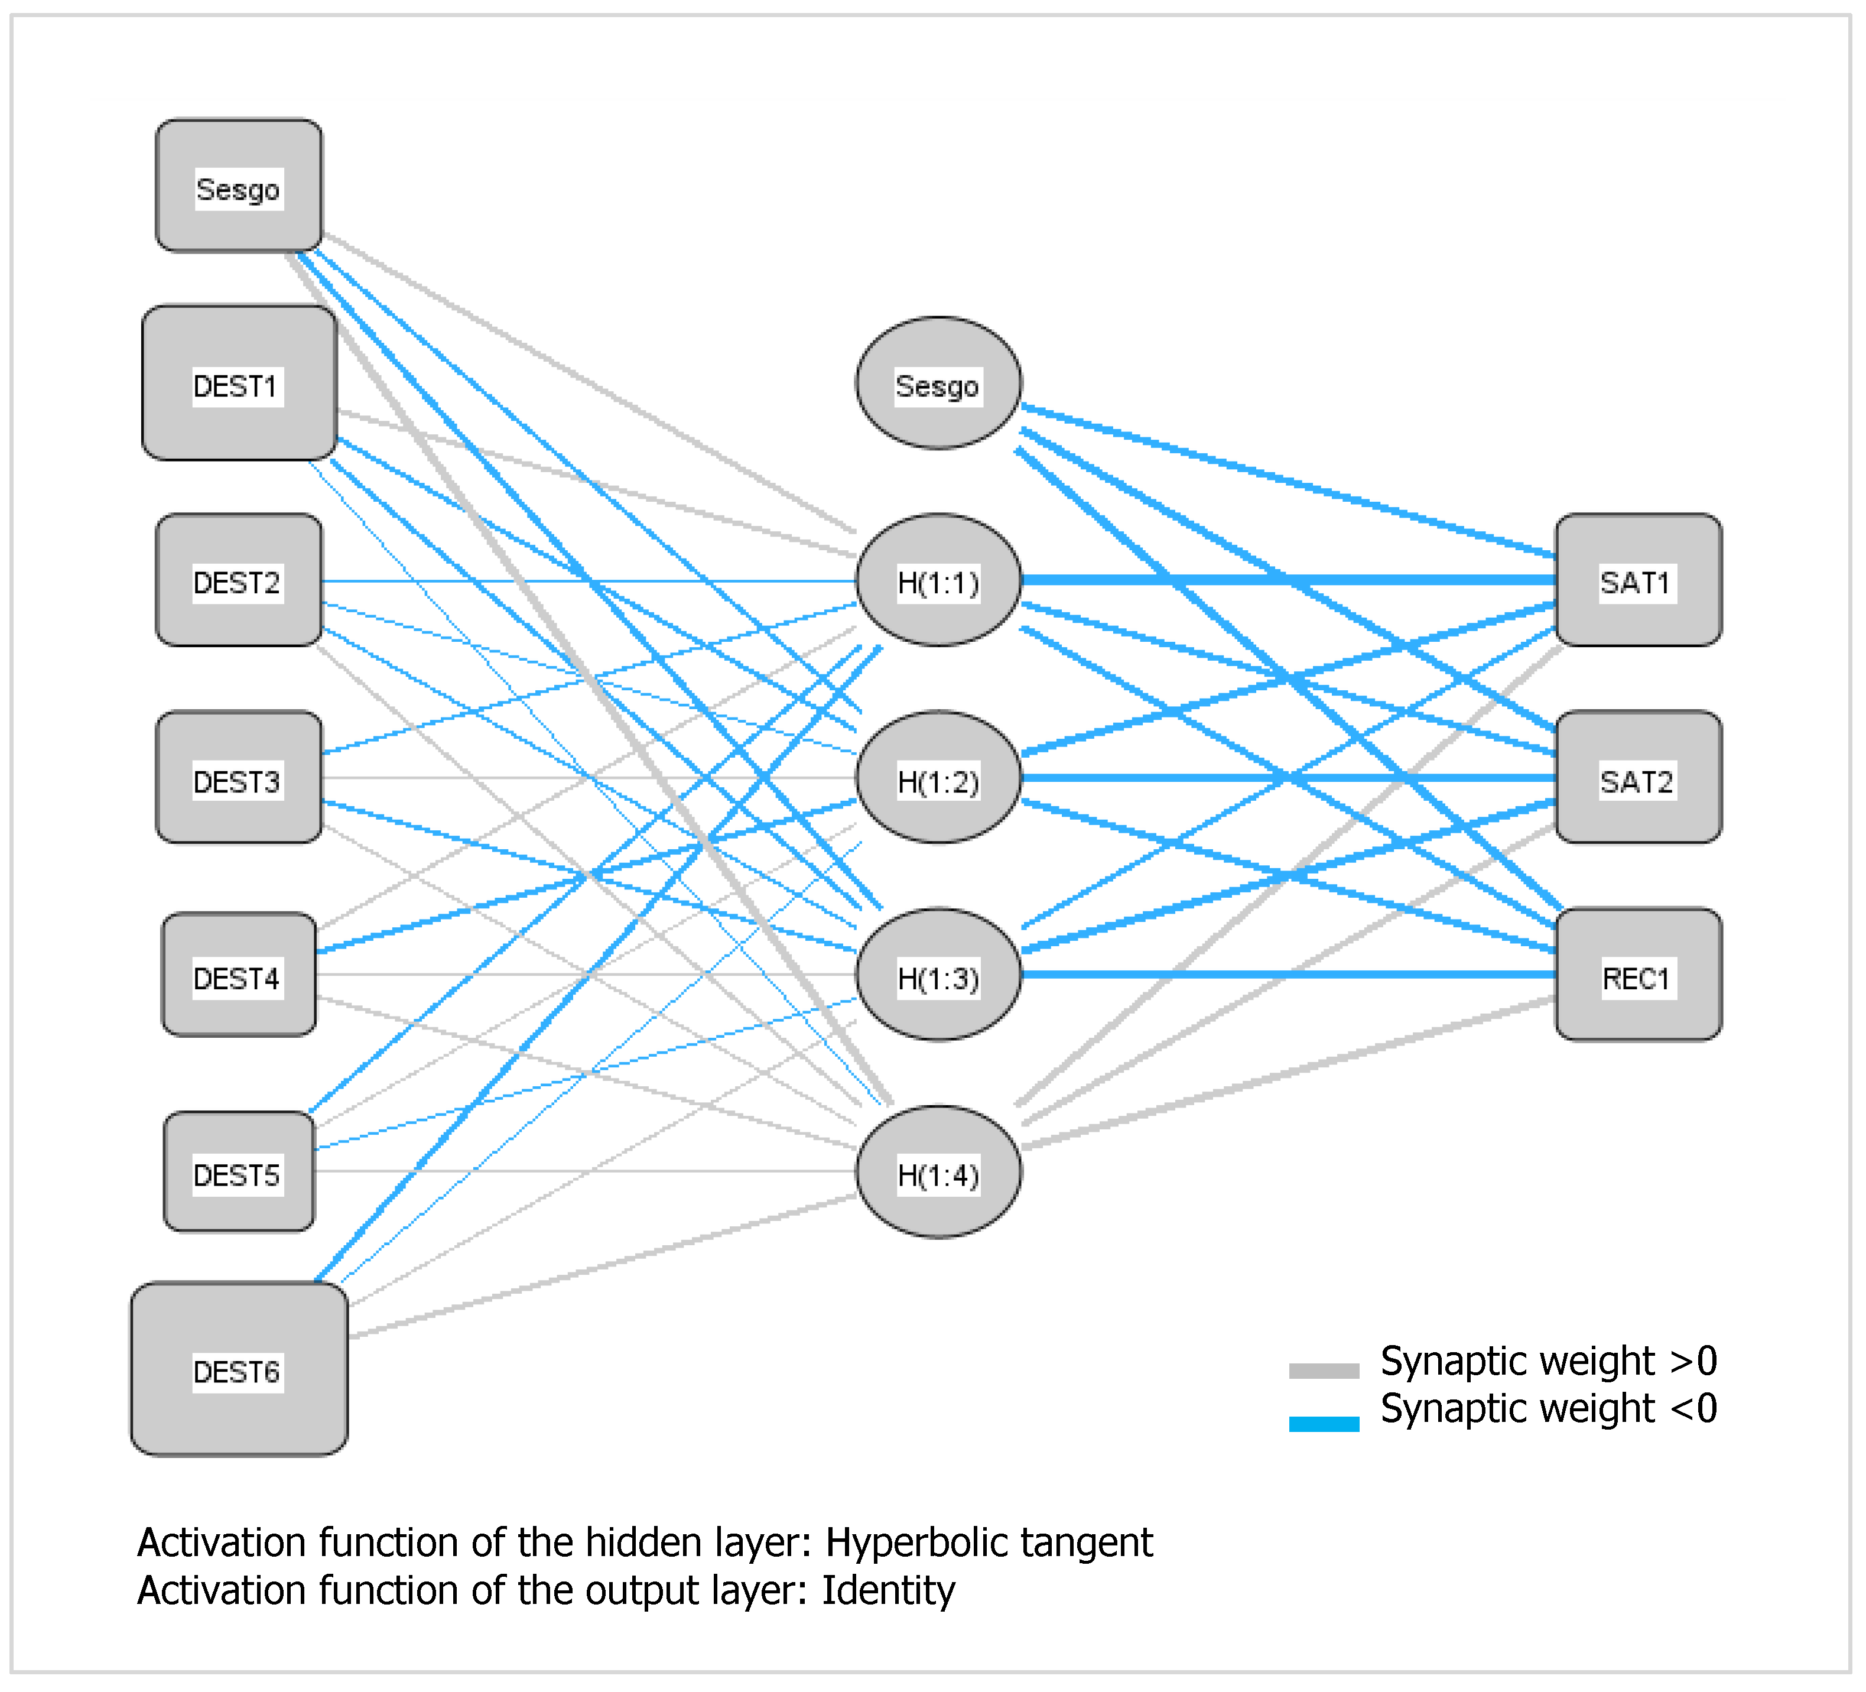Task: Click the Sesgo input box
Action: pyautogui.click(x=239, y=185)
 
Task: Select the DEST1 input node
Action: pyautogui.click(x=239, y=383)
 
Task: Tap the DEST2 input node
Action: pyautogui.click(x=239, y=580)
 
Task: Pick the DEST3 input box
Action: pyautogui.click(x=239, y=778)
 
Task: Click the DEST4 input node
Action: pyautogui.click(x=239, y=975)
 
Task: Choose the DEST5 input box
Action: pyautogui.click(x=239, y=1172)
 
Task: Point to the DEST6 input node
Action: pyautogui.click(x=239, y=1369)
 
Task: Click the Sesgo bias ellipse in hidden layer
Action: pyautogui.click(x=938, y=383)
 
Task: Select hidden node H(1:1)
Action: pyautogui.click(x=938, y=580)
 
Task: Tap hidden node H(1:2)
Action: pyautogui.click(x=938, y=778)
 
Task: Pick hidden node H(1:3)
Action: pyautogui.click(x=938, y=975)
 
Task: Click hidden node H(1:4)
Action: pyautogui.click(x=938, y=1172)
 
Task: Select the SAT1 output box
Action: pyautogui.click(x=1637, y=580)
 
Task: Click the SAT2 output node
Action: pyautogui.click(x=1637, y=778)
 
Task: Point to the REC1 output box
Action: pyautogui.click(x=1637, y=975)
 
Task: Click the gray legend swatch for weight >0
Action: pyautogui.click(x=1324, y=1371)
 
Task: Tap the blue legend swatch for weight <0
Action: pyautogui.click(x=1324, y=1424)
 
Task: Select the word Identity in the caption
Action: pyautogui.click(x=888, y=1591)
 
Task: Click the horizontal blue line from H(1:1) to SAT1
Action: pyautogui.click(x=1286, y=580)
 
